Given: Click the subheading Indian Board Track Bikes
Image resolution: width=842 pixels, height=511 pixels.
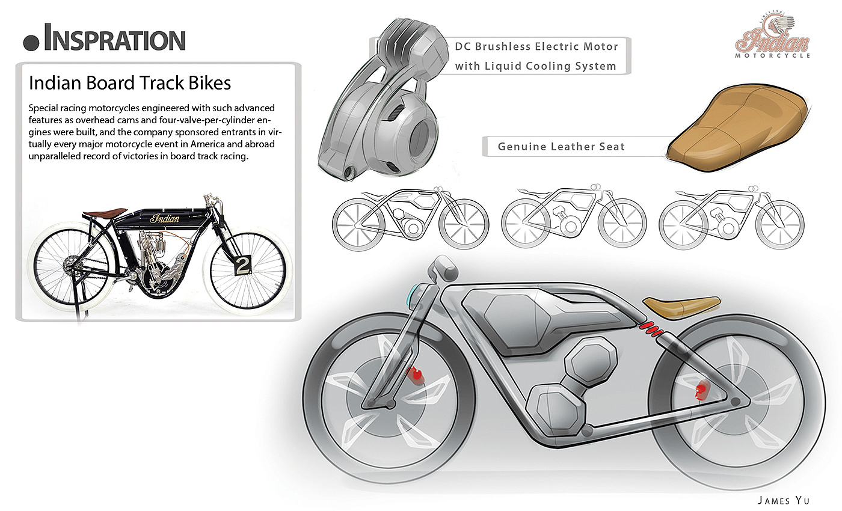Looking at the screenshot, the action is click(x=130, y=82).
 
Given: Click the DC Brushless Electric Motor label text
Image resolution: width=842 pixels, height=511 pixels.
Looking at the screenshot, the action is click(x=536, y=46).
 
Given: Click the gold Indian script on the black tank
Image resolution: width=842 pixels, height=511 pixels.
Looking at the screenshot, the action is click(x=164, y=218).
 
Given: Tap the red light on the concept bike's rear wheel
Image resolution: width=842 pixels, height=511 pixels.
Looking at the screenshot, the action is click(x=700, y=391).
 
